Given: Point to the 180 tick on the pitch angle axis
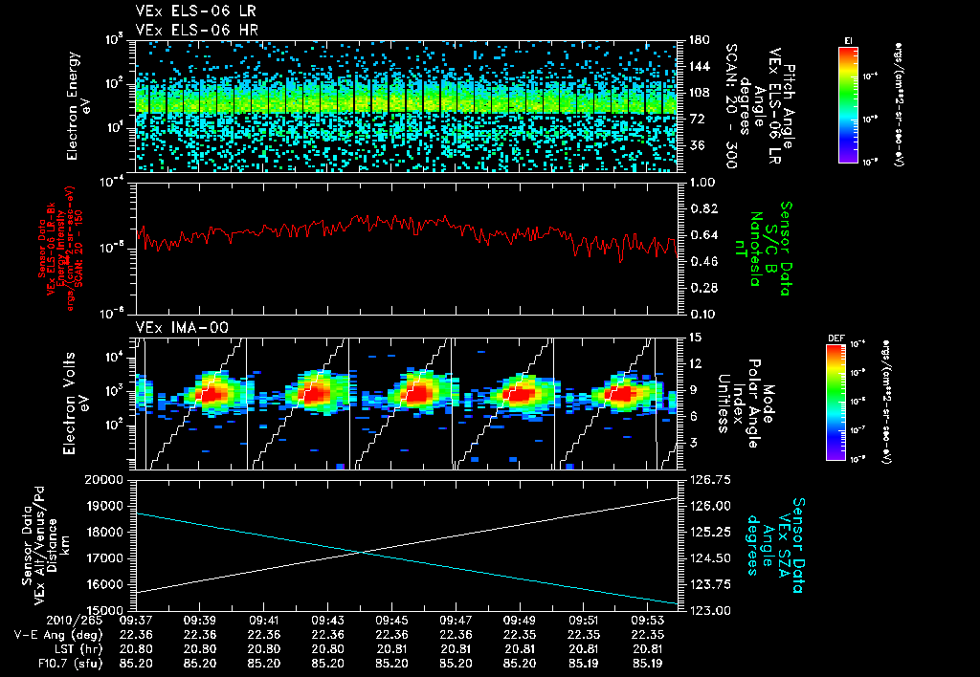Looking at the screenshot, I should pos(698,40).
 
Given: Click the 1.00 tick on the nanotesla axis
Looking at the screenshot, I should pos(703,182).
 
